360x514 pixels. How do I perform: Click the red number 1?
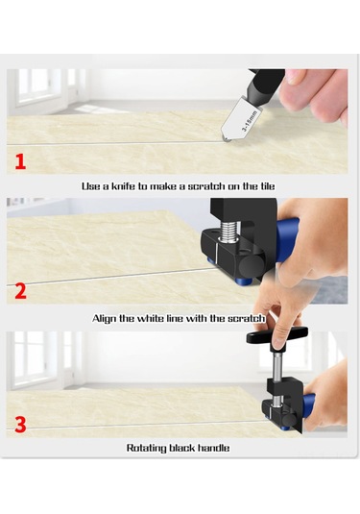pos(20,160)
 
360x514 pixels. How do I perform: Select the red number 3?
pos(20,424)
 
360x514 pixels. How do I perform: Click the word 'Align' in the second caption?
pos(107,317)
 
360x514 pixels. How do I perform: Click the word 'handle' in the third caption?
pos(215,448)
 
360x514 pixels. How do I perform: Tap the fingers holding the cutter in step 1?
pos(317,91)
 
